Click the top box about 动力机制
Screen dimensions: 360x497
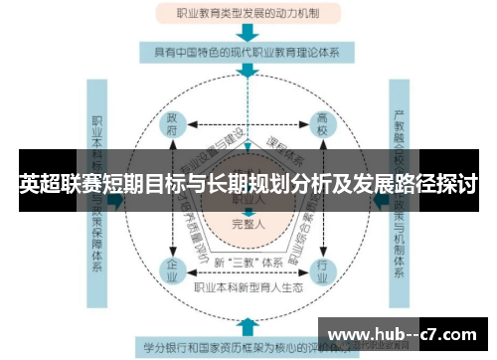point(248,15)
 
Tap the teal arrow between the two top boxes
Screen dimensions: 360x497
point(248,32)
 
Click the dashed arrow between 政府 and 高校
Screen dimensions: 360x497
point(248,125)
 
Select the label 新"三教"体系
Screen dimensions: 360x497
point(248,263)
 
